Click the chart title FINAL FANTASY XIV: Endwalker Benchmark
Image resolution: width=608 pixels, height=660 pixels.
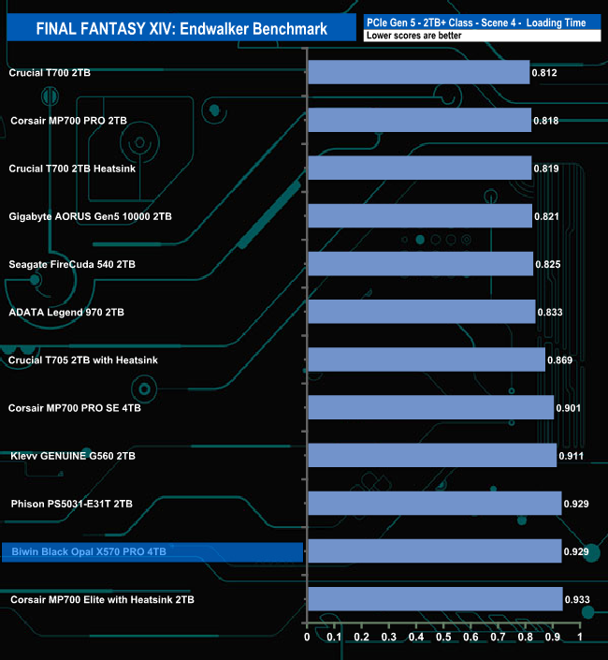tap(181, 29)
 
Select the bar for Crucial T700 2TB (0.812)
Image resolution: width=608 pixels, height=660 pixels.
tap(418, 72)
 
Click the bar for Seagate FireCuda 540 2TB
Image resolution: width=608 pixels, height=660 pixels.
tap(420, 264)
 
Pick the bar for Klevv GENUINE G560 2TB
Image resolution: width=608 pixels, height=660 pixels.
tap(431, 456)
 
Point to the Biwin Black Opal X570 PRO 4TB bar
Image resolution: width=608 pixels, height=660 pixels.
tap(434, 551)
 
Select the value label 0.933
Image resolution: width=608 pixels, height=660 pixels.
tap(577, 599)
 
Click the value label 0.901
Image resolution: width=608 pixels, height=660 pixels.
tap(569, 407)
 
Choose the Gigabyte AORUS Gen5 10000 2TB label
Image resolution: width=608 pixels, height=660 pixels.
tap(90, 216)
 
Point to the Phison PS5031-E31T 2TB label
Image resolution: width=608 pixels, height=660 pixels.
tap(71, 504)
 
